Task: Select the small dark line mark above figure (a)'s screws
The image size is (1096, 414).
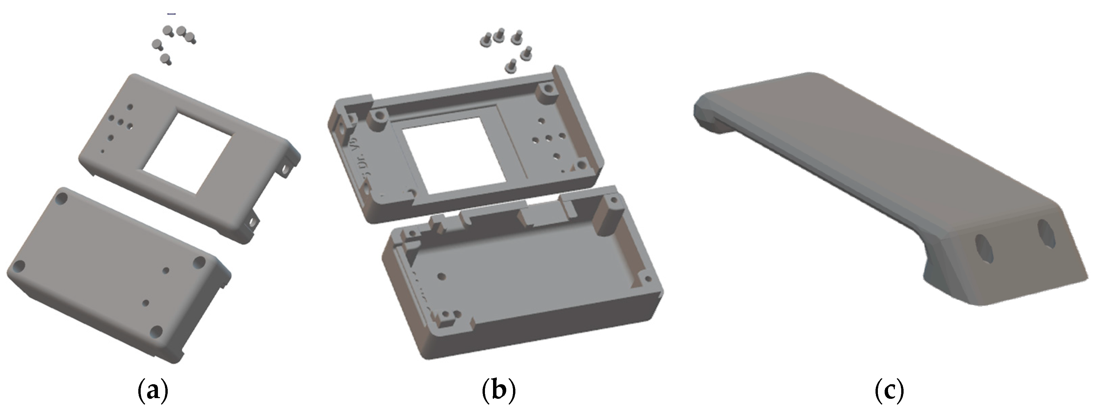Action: pyautogui.click(x=171, y=14)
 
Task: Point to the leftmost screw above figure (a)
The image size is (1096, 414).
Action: pyautogui.click(x=157, y=44)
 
